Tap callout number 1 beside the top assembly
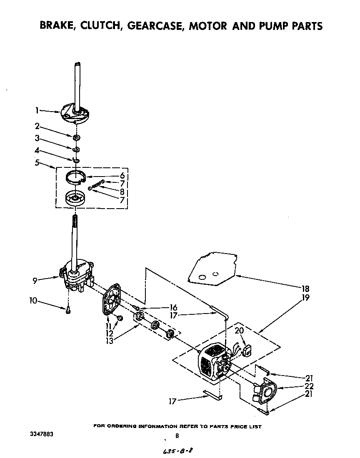pyautogui.click(x=37, y=110)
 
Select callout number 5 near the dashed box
pyautogui.click(x=37, y=163)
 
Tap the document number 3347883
pyautogui.click(x=41, y=434)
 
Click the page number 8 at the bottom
pyautogui.click(x=177, y=436)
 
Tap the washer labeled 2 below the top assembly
pyautogui.click(x=77, y=138)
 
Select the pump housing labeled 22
pyautogui.click(x=264, y=392)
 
